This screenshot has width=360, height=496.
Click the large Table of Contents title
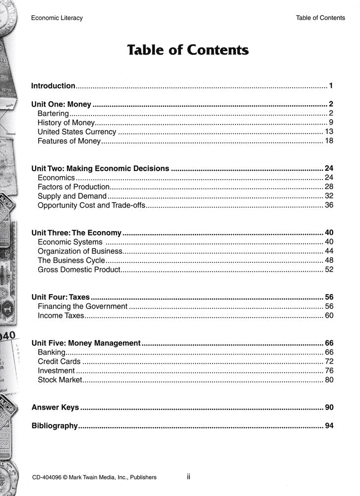[188, 50]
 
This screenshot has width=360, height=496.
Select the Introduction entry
[53, 86]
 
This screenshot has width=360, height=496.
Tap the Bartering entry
[53, 114]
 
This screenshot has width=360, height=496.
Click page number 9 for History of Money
[330, 123]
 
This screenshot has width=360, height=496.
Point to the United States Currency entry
[77, 132]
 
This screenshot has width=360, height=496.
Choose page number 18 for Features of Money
[329, 141]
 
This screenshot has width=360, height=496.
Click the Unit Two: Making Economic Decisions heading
[100, 169]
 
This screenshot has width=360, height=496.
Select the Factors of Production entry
[73, 187]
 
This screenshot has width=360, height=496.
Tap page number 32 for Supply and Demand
[329, 196]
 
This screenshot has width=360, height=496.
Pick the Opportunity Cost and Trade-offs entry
[91, 205]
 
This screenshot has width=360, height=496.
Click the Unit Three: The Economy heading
[76, 233]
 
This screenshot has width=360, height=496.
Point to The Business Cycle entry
[71, 260]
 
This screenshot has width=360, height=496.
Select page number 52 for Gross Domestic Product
[329, 269]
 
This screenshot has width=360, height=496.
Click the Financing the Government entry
[82, 307]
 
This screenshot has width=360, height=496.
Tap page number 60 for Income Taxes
[329, 315]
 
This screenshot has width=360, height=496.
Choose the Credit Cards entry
[59, 362]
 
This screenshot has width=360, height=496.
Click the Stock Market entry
[60, 380]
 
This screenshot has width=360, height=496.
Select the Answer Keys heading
[55, 407]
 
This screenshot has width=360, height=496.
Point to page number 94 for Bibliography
[329, 426]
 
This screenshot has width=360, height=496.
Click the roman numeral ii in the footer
[188, 477]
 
